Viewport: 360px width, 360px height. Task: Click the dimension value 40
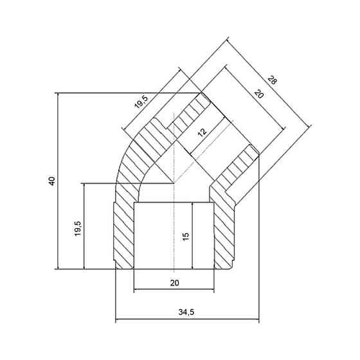pyautogui.click(x=52, y=181)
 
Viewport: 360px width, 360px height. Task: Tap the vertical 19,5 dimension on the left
pyautogui.click(x=78, y=228)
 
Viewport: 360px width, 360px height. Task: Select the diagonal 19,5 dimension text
pyautogui.click(x=141, y=102)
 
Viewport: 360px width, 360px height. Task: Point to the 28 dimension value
pyautogui.click(x=273, y=80)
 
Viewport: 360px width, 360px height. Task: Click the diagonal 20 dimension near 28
pyautogui.click(x=259, y=94)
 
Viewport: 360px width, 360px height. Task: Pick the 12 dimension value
pyautogui.click(x=202, y=132)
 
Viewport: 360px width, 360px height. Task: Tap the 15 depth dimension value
pyautogui.click(x=186, y=237)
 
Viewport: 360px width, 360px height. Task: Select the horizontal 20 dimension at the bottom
pyautogui.click(x=174, y=283)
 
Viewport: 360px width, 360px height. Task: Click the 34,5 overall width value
pyautogui.click(x=186, y=312)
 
